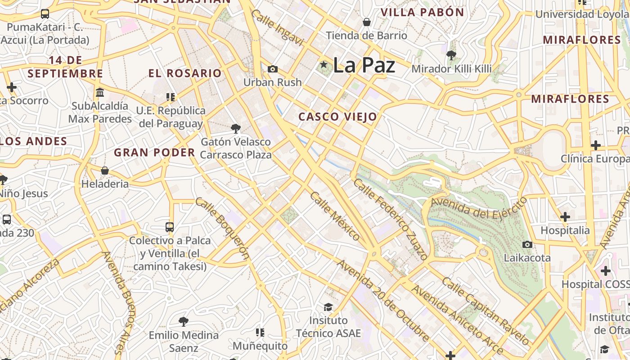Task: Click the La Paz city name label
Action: pyautogui.click(x=364, y=66)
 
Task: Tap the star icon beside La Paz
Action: pyautogui.click(x=323, y=65)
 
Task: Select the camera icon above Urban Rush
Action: pyautogui.click(x=272, y=69)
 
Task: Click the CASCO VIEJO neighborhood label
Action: pyautogui.click(x=337, y=117)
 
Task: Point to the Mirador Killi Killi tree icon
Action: pyautogui.click(x=451, y=55)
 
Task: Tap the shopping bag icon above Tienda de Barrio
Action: pyautogui.click(x=366, y=22)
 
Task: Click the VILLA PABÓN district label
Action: pyautogui.click(x=422, y=13)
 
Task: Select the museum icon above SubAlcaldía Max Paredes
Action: pyautogui.click(x=100, y=92)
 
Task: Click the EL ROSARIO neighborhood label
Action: pyautogui.click(x=185, y=73)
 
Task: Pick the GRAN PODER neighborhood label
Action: pyautogui.click(x=154, y=153)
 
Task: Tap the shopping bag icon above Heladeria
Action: pyautogui.click(x=105, y=171)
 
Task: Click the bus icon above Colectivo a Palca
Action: pyautogui.click(x=170, y=227)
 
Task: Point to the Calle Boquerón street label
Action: pyautogui.click(x=222, y=228)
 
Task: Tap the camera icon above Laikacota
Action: pyautogui.click(x=527, y=244)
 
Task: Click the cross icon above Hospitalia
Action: pyautogui.click(x=565, y=217)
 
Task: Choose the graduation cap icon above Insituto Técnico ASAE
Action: pyautogui.click(x=328, y=307)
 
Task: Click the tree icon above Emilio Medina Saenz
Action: pyautogui.click(x=183, y=322)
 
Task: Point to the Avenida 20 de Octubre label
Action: pyautogui.click(x=383, y=301)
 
